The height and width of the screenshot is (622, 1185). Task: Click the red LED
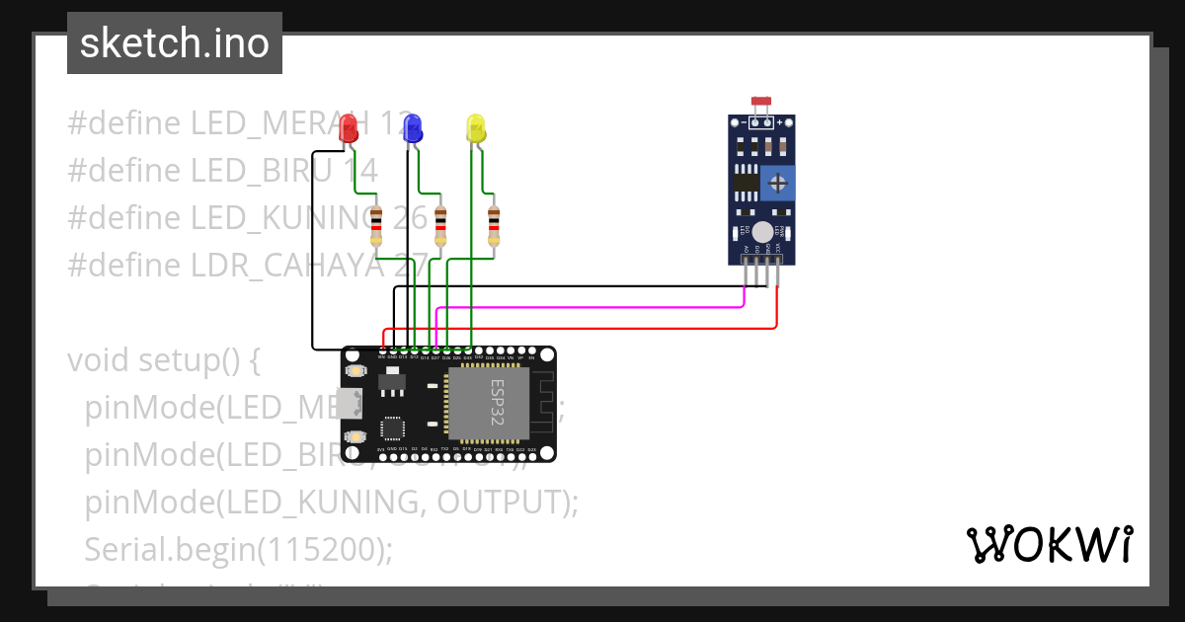pyautogui.click(x=348, y=128)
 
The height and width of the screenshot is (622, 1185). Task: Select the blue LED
pyautogui.click(x=413, y=127)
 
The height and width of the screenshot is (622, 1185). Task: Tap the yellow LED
pyautogui.click(x=476, y=128)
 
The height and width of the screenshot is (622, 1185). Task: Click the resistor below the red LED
pyautogui.click(x=376, y=226)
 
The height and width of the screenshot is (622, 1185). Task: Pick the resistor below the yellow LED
pyautogui.click(x=494, y=226)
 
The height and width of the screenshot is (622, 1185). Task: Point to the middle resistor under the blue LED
pyautogui.click(x=439, y=226)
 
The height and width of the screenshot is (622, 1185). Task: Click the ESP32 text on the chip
pyautogui.click(x=498, y=402)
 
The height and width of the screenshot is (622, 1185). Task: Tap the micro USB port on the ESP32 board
pyautogui.click(x=348, y=403)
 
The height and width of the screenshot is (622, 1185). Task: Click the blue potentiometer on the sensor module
pyautogui.click(x=778, y=183)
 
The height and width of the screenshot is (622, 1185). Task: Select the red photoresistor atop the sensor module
pyautogui.click(x=760, y=102)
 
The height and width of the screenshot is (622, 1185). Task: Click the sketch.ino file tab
pyautogui.click(x=175, y=43)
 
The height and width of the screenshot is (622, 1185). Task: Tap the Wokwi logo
pyautogui.click(x=1049, y=544)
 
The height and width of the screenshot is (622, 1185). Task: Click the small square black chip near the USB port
pyautogui.click(x=393, y=428)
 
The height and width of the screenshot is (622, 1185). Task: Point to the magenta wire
pyautogui.click(x=592, y=307)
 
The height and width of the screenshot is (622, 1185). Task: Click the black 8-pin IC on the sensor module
pyautogui.click(x=748, y=182)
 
